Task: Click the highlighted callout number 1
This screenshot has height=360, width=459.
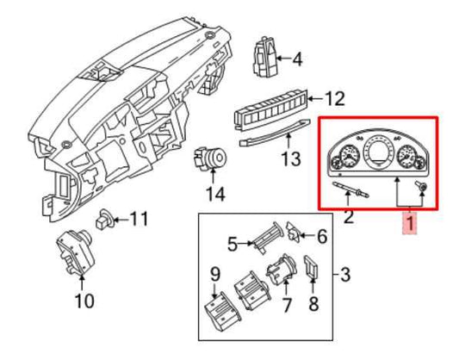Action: [x=411, y=223]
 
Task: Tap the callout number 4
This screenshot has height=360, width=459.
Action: [x=297, y=59]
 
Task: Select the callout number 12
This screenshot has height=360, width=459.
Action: [x=335, y=99]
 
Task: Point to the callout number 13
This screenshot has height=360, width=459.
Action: [x=291, y=158]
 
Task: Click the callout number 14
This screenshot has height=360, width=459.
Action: [x=216, y=194]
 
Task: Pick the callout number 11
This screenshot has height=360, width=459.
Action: [x=139, y=219]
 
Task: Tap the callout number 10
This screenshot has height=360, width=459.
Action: [x=84, y=301]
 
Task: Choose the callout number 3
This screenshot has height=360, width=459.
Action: [x=345, y=275]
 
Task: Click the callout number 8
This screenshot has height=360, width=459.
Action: [x=313, y=303]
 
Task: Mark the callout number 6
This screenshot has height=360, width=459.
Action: [x=322, y=236]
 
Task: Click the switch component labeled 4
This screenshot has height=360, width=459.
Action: [x=264, y=58]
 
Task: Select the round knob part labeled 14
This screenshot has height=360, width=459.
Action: [x=210, y=159]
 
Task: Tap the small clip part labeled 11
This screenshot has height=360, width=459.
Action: [x=104, y=220]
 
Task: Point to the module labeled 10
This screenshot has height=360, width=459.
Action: [x=75, y=252]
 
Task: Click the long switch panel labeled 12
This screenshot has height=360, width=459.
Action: [x=271, y=110]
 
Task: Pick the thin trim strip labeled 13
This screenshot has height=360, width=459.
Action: [x=275, y=132]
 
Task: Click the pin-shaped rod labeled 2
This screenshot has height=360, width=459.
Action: [x=351, y=189]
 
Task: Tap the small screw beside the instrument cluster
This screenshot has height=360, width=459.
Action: [x=420, y=186]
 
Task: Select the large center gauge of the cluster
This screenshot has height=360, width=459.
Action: [x=376, y=152]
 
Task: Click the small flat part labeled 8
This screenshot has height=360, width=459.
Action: [x=313, y=266]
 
